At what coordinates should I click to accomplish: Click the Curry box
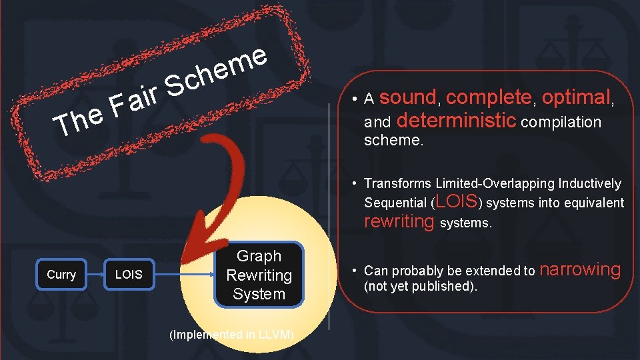pos(61,275)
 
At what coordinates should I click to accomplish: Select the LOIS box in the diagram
pos(129,275)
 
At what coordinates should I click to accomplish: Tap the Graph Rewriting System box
pos(259,275)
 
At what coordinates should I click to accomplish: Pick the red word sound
pos(407,98)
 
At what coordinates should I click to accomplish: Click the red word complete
pos(489,98)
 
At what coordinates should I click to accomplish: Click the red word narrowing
pos(579,269)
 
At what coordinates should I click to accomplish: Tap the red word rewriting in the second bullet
pos(399,222)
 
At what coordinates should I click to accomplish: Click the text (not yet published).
pos(421,286)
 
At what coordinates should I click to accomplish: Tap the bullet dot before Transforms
pos(357,183)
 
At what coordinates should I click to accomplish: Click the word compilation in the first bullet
pos(561,122)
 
